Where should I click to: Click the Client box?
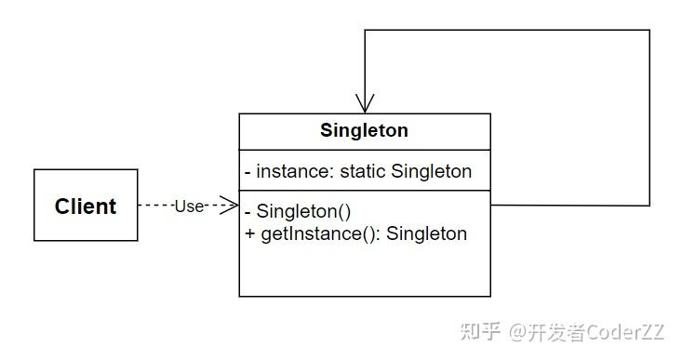pos(86,206)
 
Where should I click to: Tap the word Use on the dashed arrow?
pos(189,207)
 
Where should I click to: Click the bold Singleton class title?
pos(364,131)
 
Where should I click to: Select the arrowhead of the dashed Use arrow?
pos(231,206)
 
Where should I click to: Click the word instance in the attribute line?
pos(290,171)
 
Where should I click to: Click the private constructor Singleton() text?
pos(303,210)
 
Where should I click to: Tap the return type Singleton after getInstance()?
pos(426,233)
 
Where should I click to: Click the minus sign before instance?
pos(248,171)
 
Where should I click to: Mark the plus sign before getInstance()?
pos(249,233)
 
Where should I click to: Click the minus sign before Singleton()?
pos(248,210)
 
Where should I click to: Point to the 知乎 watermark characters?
pos(480,331)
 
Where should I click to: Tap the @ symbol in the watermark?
pos(519,331)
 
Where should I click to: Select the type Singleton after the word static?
pos(432,171)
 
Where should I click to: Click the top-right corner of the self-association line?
pos(649,31)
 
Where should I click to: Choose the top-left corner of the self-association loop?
pos(365,31)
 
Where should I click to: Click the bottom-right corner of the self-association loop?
pos(649,206)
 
